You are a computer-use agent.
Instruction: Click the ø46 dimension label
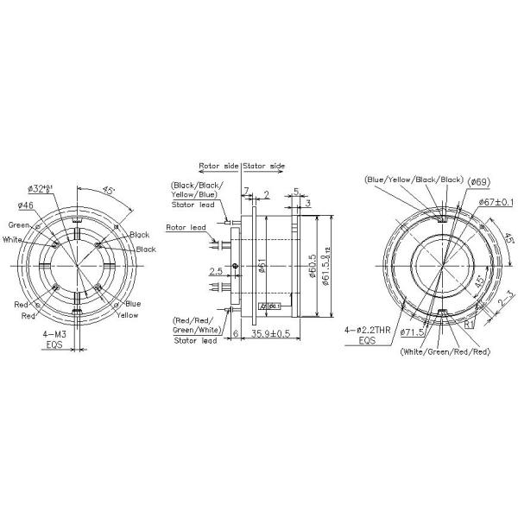(x=26, y=205)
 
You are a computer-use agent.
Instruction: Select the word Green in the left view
(x=22, y=226)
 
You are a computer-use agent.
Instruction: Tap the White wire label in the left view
(x=14, y=239)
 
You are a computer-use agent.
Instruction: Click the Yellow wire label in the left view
(x=128, y=315)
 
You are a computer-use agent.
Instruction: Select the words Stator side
(x=264, y=164)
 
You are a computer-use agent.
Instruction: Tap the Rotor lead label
(x=185, y=228)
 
